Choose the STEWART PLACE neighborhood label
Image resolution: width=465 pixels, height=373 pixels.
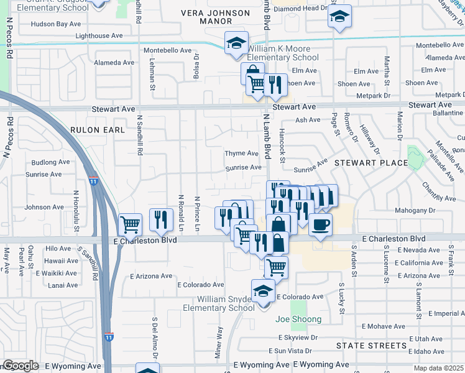tap(371, 163)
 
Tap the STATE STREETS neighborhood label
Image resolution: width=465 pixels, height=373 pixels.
tap(371, 345)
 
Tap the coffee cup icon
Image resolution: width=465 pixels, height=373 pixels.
tap(320, 225)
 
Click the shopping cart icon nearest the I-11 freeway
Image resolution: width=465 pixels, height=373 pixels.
tap(129, 224)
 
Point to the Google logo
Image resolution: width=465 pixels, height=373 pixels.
tap(21, 366)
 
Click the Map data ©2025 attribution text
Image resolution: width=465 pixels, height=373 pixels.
tap(436, 368)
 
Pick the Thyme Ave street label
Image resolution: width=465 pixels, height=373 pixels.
tap(241, 154)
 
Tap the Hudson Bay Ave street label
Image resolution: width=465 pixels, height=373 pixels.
tap(56, 24)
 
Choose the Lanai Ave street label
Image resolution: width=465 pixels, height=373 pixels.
tap(63, 285)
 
